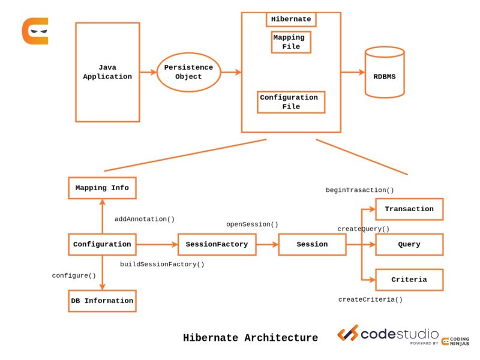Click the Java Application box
coord(107,72)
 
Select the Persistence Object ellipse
coord(189,72)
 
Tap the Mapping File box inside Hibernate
coord(291,42)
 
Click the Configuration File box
coord(291,102)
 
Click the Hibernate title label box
coord(291,19)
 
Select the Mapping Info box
coord(102,188)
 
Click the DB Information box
coord(102,301)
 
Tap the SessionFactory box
coord(217,244)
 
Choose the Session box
coord(312,244)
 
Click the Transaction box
coord(409,209)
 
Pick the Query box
coord(409,244)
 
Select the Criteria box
coord(409,280)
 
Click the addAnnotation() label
coord(145,219)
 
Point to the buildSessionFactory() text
coord(162,264)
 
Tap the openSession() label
coord(252,224)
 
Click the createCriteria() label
coord(370,299)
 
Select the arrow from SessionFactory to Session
coord(267,244)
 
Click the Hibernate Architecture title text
coord(250,338)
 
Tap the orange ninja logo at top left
coord(35,31)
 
